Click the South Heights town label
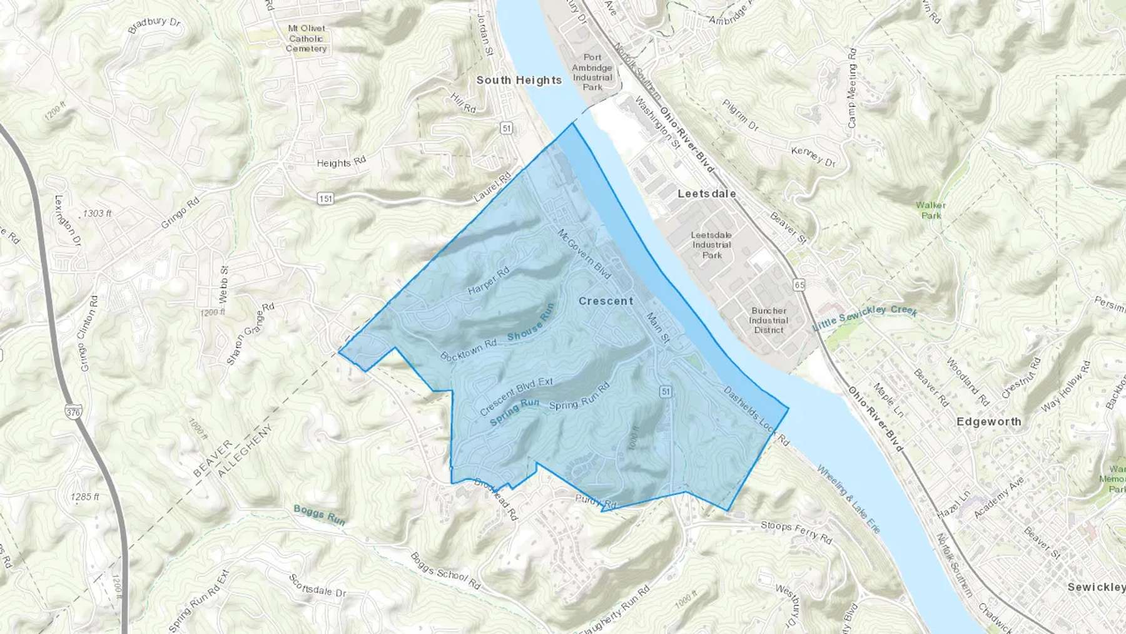[519, 80]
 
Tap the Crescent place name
[606, 301]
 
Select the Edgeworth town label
[988, 422]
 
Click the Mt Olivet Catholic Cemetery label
[307, 38]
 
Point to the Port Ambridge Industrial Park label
[592, 72]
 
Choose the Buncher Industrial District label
[769, 320]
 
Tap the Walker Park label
[931, 210]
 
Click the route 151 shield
[325, 199]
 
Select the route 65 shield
[799, 285]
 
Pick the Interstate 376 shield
[73, 411]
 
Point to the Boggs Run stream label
[319, 514]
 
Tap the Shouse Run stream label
[531, 323]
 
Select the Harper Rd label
[489, 281]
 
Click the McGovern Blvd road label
[584, 253]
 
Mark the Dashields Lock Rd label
[756, 416]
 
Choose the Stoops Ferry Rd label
[796, 531]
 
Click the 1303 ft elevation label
[97, 213]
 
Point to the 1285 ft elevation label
[85, 497]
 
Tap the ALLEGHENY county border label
[245, 451]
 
